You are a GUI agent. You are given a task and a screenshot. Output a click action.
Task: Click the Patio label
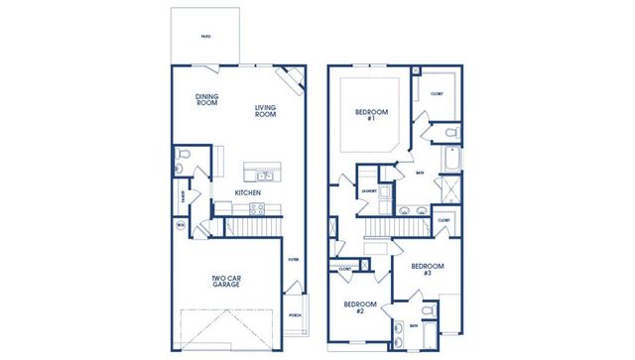pos(204,36)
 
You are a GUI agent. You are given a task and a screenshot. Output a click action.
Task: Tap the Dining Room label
pos(206,99)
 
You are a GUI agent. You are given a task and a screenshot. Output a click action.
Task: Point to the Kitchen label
pos(248,192)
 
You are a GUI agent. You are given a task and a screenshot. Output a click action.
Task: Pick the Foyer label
pos(293,260)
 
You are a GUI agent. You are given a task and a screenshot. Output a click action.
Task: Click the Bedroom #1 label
pos(366,116)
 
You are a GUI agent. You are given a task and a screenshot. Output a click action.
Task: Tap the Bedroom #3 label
pos(427,270)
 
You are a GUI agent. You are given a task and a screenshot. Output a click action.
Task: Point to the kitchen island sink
pos(265,176)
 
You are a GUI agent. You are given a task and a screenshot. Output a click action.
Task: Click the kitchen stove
pos(256,209)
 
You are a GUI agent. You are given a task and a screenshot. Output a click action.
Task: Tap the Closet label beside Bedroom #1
pos(438,93)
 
